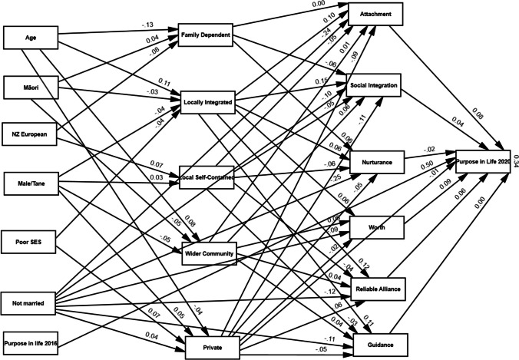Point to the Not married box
[x=30, y=303]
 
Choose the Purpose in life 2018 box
[x=31, y=342]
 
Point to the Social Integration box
[x=374, y=85]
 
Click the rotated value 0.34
[x=514, y=164]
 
